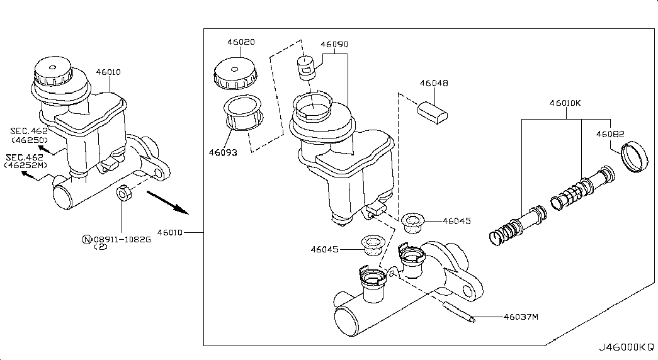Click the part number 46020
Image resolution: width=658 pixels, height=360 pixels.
(x=241, y=42)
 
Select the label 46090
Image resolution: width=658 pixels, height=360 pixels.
(x=334, y=45)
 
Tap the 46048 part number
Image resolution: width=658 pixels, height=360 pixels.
(x=434, y=83)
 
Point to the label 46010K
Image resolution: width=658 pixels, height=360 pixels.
(x=565, y=103)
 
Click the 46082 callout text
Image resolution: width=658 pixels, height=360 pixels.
(x=610, y=134)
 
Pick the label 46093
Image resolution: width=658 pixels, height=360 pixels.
(x=224, y=152)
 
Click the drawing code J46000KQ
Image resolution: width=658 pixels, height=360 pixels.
(x=625, y=347)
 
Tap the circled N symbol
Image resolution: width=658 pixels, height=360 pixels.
(x=87, y=239)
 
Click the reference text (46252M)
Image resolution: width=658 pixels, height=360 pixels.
(x=26, y=165)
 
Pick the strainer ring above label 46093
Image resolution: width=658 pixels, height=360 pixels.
(x=244, y=113)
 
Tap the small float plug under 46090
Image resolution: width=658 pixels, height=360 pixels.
(x=306, y=66)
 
